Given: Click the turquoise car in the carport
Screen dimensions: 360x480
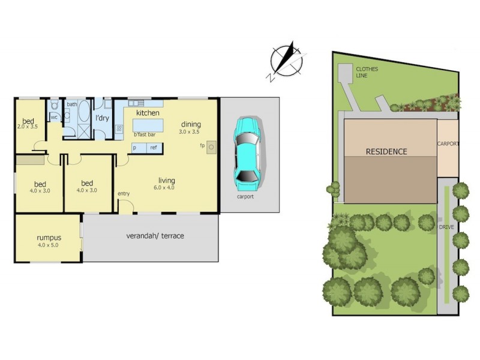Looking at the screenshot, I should click(x=248, y=150).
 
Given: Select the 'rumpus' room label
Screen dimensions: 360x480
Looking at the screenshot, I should click(x=49, y=238).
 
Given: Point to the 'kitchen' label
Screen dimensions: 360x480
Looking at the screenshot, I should click(x=148, y=113).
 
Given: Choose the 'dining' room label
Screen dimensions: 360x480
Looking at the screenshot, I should click(x=190, y=124).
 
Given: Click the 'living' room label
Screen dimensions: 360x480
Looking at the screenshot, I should click(x=166, y=180).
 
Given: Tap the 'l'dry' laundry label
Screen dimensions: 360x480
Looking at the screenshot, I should click(x=102, y=118).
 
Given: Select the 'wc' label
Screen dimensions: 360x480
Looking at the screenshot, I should click(x=54, y=117).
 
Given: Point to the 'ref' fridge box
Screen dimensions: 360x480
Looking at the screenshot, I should click(x=154, y=148).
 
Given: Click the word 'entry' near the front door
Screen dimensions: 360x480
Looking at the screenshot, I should click(x=124, y=193).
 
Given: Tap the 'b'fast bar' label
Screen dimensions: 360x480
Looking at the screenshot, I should click(x=145, y=134).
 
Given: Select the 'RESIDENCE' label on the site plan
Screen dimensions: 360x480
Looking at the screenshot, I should click(x=386, y=152).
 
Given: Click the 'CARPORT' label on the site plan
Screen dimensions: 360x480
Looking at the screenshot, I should click(x=448, y=144).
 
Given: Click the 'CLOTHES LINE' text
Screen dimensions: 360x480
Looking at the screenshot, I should click(x=367, y=73).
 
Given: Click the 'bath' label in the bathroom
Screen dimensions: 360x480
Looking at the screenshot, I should click(x=72, y=104).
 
